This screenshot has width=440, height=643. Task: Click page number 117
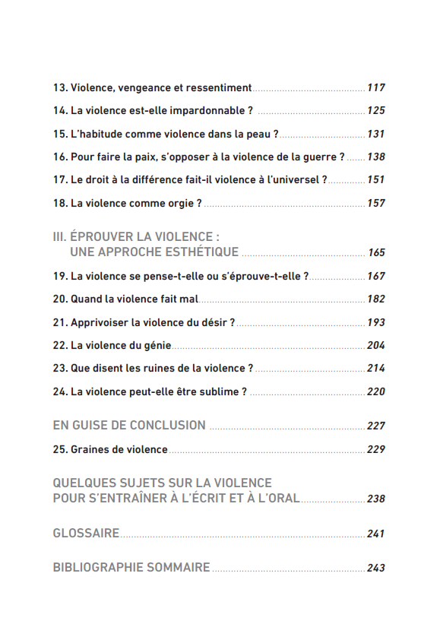tap(375, 88)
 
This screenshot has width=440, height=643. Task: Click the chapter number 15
tap(59, 135)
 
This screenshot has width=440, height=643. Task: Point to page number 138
tap(375, 157)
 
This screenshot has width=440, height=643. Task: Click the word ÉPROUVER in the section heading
tap(101, 237)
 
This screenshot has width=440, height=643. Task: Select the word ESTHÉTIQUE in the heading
tap(201, 252)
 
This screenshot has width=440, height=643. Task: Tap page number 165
tap(376, 253)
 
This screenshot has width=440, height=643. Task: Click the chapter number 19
tap(59, 277)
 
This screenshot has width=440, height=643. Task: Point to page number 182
tap(375, 299)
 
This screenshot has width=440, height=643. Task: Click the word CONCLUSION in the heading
tap(167, 426)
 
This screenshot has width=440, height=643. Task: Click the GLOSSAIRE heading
tap(86, 534)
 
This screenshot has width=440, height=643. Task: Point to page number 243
tap(375, 568)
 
